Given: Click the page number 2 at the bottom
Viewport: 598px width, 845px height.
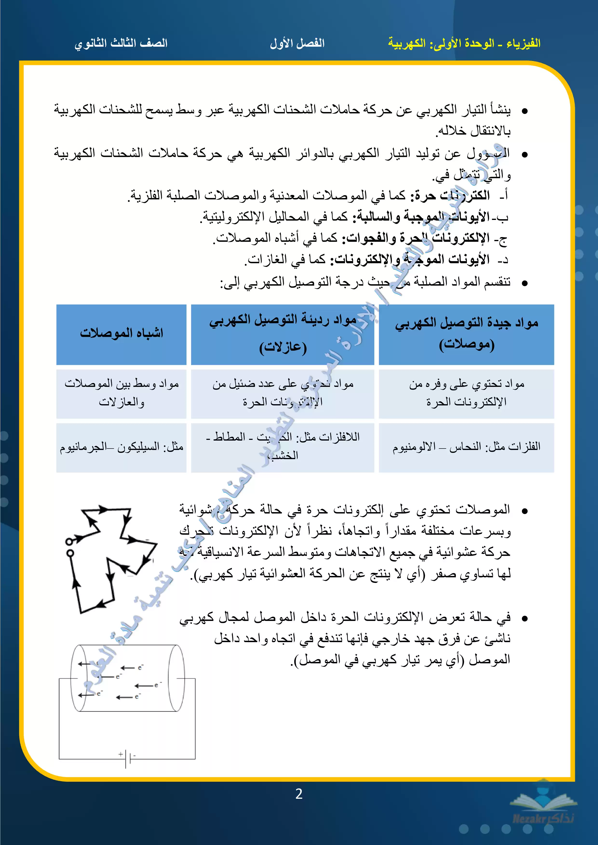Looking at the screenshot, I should coord(299,794).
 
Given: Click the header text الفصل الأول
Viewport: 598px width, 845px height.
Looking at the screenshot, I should coord(297,43).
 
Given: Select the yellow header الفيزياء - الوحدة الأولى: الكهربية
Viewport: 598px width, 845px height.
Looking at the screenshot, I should coord(464,43).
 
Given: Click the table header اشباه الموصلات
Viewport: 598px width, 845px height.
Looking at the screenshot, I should coord(121,333).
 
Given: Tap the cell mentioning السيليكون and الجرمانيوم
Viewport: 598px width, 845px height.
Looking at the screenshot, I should coord(121,447).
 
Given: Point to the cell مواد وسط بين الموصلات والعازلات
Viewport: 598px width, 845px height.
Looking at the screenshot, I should coord(121,393).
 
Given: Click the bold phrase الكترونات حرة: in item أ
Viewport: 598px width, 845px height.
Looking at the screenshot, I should coord(452,195).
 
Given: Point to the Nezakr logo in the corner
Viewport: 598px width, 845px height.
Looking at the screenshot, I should coord(543,810).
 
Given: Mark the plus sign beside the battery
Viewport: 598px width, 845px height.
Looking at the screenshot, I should coord(121,754).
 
